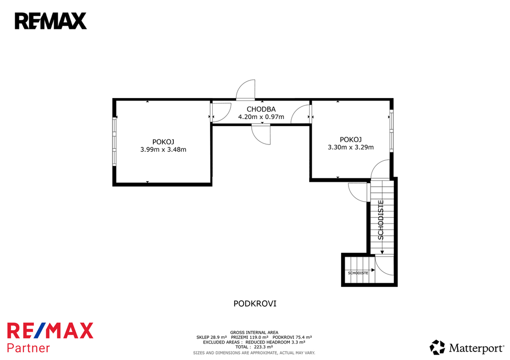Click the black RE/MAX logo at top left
pos(51,21)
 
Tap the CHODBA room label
pos(261,109)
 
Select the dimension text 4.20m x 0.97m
pos(261,117)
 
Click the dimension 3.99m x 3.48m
pos(163,149)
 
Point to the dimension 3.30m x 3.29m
pos(351,147)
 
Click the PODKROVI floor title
pos(255,304)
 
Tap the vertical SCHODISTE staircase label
pos(381,220)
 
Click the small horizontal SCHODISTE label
pos(358,273)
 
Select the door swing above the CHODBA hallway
pos(246,90)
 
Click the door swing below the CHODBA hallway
pos(261,134)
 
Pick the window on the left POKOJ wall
pos(115,141)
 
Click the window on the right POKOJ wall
pos(391,131)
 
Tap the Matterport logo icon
pos(437,348)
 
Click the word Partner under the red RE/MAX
pos(28,348)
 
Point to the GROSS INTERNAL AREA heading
pos(254,332)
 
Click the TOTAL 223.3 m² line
pos(254,347)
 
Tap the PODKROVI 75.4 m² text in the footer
pos(292,337)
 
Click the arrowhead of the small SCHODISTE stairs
pos(373,270)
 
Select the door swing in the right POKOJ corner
pos(380,169)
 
